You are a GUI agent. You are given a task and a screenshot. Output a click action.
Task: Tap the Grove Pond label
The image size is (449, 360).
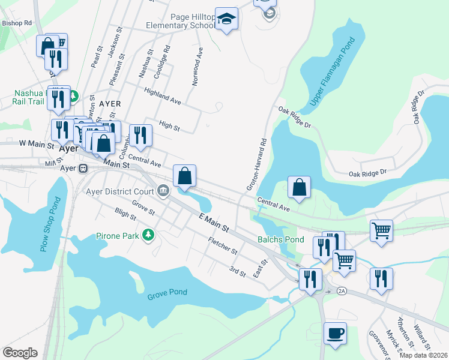point(167,293)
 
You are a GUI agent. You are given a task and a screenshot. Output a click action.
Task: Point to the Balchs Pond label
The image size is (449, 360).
point(281,239)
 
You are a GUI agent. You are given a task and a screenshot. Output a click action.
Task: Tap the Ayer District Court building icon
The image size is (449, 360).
point(163,192)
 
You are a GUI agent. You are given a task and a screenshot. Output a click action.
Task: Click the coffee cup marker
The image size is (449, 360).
point(335,332)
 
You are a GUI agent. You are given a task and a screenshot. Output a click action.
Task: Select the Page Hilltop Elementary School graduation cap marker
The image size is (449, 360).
point(226,19)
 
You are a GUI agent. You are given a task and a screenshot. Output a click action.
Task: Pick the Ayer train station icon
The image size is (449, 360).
point(83,169)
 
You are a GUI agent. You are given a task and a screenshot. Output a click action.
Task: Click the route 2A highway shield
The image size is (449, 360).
point(342,291)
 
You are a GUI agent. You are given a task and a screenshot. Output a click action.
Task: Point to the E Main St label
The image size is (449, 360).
point(215,224)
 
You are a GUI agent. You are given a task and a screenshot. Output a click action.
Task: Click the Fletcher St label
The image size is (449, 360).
point(223,245)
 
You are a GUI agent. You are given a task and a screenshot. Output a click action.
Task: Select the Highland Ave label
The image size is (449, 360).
point(162,96)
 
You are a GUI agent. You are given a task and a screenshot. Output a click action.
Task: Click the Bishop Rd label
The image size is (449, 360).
point(16,23)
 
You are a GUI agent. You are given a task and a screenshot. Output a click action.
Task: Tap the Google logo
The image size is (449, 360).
point(20,352)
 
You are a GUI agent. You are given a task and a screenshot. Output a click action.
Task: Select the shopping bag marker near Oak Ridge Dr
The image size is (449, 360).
point(299,187)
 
